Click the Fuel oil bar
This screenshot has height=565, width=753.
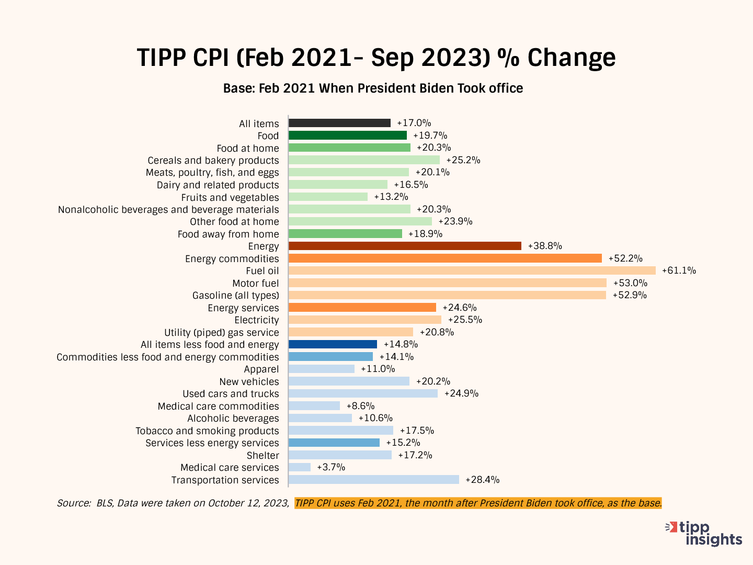pyautogui.click(x=472, y=270)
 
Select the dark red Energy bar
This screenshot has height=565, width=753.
pyautogui.click(x=405, y=246)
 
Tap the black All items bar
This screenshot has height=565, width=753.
pyautogui.click(x=339, y=123)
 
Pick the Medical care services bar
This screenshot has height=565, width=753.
pyautogui.click(x=300, y=467)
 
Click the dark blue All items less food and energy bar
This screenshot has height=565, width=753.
pyautogui.click(x=333, y=344)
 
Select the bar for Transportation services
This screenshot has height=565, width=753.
pyautogui.click(x=373, y=480)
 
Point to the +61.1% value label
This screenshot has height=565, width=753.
pyautogui.click(x=679, y=270)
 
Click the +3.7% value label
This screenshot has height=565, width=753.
pyautogui.click(x=331, y=467)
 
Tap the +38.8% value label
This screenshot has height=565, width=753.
pyautogui.click(x=545, y=246)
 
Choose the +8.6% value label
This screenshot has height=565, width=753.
pyautogui.click(x=360, y=406)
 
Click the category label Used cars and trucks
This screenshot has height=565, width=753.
pyautogui.click(x=231, y=394)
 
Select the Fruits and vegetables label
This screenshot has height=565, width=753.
pyautogui.click(x=230, y=198)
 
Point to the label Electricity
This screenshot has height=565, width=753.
pyautogui.click(x=257, y=320)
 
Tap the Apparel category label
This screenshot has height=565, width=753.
pyautogui.click(x=261, y=369)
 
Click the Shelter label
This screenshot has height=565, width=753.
pyautogui.click(x=263, y=456)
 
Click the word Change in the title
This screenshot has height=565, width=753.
pyautogui.click(x=572, y=58)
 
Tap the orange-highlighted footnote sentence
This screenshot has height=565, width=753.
pyautogui.click(x=478, y=503)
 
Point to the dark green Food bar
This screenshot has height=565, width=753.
pyautogui.click(x=347, y=135)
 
